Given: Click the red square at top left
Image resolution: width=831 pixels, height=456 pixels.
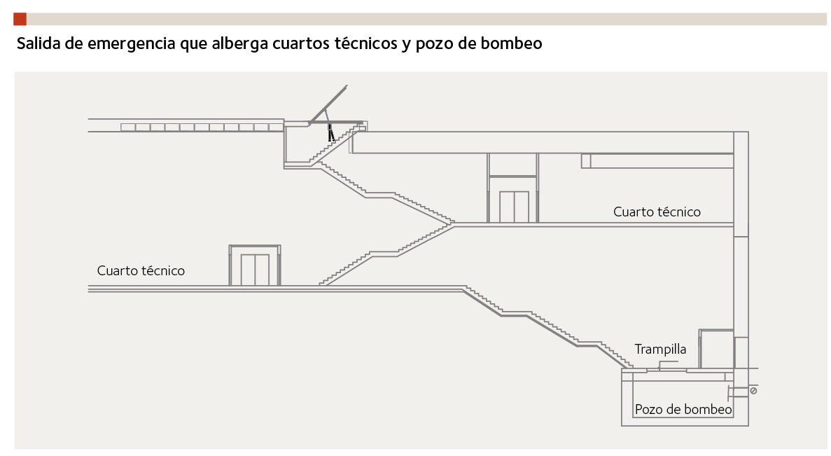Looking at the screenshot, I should (20, 19).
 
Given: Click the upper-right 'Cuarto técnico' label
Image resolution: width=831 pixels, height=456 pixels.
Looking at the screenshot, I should (657, 212).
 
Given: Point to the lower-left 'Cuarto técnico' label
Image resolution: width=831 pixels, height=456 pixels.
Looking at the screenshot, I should (141, 270).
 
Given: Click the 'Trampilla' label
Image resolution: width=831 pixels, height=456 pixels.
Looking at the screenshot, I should (660, 349).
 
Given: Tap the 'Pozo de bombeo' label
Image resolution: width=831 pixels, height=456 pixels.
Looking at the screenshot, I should (683, 410).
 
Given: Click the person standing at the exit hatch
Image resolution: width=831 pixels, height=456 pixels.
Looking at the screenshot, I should (330, 132).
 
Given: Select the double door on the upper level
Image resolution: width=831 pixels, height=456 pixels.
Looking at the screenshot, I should (513, 206).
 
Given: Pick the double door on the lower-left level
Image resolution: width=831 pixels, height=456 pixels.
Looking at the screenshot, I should (255, 270).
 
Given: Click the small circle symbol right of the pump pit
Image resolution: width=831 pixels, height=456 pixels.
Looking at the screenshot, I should (753, 390).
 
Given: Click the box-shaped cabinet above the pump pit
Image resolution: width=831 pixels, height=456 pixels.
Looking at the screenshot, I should (716, 348).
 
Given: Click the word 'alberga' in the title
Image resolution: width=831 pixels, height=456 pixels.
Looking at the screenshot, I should (233, 44).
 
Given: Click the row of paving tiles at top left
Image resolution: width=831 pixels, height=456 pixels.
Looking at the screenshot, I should (195, 127).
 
